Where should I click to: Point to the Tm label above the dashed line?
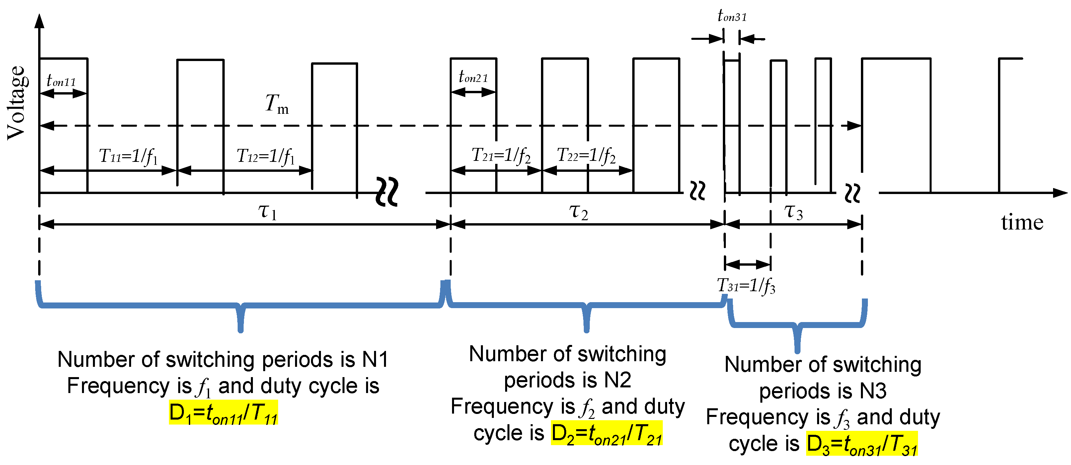pos(276,104)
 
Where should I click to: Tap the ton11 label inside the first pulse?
pos(61,81)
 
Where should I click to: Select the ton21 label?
pos(473,77)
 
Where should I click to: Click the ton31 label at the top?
pos(732,16)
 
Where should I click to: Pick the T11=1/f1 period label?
pos(128,156)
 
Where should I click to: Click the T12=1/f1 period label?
pos(266,156)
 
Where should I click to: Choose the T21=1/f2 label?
pos(501,156)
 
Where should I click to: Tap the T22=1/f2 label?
pos(586,156)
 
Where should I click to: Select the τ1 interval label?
pos(267,212)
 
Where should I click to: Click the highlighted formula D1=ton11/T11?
pos(223,413)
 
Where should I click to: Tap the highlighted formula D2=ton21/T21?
pos(607,433)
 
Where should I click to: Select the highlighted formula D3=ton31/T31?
pos(862,444)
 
